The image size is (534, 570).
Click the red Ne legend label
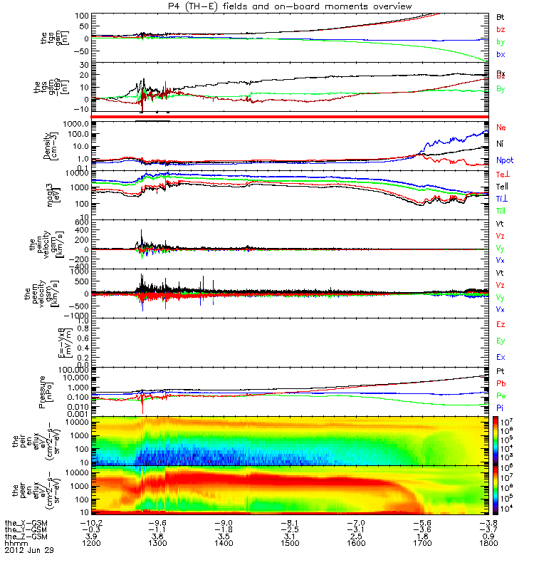click(500, 127)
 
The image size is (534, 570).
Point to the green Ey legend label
click(500, 341)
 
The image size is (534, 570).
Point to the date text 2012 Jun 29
click(28, 550)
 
